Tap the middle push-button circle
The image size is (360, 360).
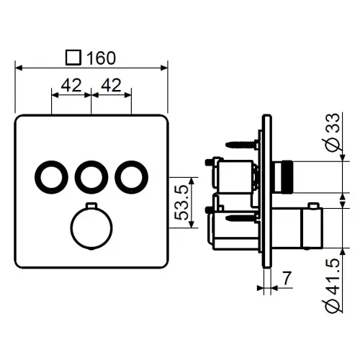[x=91, y=176]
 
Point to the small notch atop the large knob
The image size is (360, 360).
[x=91, y=208]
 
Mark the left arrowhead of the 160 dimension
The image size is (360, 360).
[x=19, y=68]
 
